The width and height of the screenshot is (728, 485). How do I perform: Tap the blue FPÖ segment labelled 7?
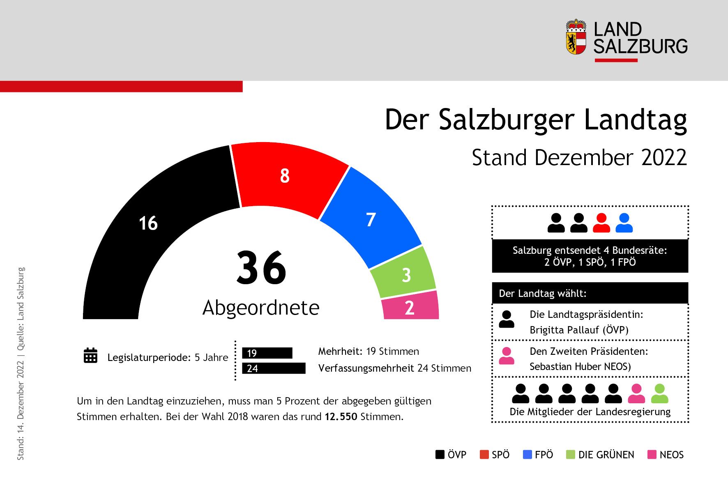(371, 220)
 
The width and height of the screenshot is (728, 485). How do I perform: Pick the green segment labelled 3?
(406, 275)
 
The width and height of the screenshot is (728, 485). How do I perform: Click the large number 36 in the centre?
(261, 268)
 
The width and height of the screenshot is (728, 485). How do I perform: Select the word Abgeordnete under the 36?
(261, 308)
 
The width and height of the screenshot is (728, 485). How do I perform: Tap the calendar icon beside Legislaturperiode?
(90, 356)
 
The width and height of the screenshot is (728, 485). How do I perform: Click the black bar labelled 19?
(267, 353)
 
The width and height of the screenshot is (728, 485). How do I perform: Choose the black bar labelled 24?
(274, 368)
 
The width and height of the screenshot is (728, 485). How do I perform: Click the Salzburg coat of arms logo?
(576, 37)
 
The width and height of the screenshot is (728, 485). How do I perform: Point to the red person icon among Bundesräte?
(601, 223)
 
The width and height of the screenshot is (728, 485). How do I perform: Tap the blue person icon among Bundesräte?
(624, 223)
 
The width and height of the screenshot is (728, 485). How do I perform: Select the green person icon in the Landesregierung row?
(660, 394)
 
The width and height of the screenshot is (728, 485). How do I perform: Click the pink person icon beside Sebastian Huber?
(507, 356)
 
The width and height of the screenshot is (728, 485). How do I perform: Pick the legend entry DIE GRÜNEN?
(601, 455)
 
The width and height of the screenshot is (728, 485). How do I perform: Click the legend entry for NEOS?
(666, 455)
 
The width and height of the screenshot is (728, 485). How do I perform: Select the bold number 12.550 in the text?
(341, 417)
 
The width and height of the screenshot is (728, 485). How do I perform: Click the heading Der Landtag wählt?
(543, 293)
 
